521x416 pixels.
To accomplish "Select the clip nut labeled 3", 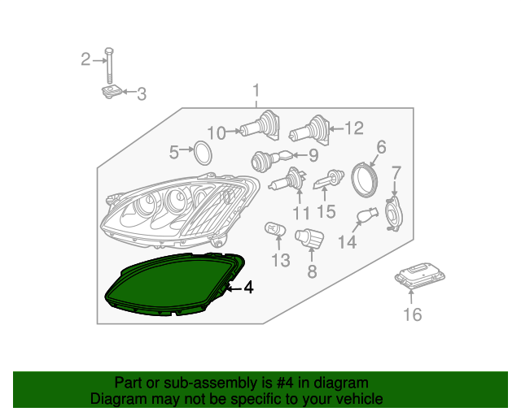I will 112,93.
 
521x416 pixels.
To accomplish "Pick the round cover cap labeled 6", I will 366,177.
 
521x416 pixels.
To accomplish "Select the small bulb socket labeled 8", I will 309,239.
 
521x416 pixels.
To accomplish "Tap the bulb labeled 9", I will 268,159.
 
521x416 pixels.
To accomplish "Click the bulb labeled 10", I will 260,128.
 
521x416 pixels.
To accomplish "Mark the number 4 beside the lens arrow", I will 247,287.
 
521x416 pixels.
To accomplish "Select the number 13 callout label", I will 280,261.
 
